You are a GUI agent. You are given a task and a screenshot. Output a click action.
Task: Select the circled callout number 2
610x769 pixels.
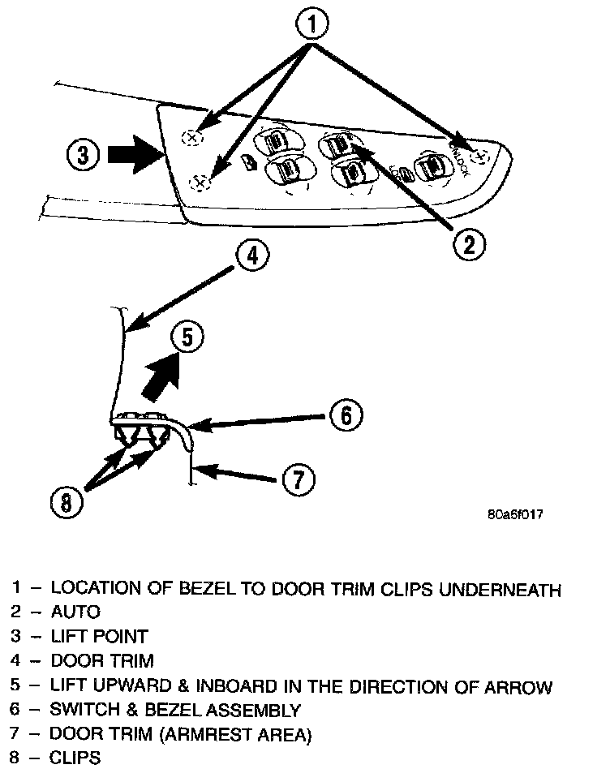tap(468, 243)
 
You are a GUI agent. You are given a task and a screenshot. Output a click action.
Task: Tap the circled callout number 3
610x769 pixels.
tap(84, 154)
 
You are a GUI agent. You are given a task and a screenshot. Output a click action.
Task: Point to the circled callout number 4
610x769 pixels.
tap(253, 255)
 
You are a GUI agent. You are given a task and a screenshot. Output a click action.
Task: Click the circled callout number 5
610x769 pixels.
tap(187, 337)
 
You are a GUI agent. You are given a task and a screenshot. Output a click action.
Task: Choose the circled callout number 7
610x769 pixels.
tap(298, 479)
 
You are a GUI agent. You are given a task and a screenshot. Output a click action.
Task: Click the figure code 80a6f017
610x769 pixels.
tap(515, 515)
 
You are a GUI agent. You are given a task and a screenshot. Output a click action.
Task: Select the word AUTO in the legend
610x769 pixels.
tap(75, 612)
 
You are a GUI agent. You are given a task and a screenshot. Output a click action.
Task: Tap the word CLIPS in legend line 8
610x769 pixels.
tap(75, 759)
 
